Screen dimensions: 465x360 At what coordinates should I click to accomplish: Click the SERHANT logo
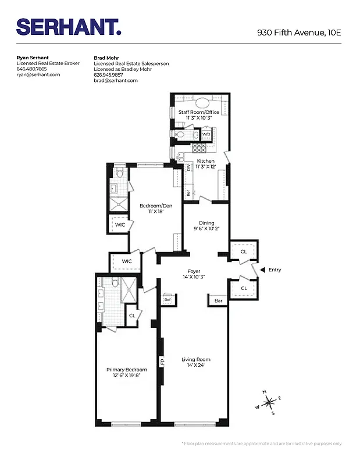69,27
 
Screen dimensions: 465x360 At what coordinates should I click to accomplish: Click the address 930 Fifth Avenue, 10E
299,33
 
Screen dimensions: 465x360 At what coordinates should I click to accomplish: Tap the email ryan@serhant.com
38,74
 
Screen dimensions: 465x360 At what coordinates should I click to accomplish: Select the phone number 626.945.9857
109,74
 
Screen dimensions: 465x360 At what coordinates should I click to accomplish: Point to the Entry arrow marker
262,270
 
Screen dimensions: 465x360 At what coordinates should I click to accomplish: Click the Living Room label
195,359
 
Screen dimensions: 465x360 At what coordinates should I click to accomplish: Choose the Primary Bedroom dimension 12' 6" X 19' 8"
126,375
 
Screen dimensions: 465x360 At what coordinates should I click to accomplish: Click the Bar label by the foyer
219,301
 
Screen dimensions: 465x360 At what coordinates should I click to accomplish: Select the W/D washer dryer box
206,135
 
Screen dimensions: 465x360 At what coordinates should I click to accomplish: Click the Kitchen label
205,161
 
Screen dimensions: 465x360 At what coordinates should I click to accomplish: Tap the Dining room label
206,223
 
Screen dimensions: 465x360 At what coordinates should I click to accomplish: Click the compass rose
268,403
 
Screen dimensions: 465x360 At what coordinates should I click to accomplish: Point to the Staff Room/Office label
198,112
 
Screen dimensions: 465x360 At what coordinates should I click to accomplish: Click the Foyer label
194,271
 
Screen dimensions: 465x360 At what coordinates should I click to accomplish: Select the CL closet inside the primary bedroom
132,316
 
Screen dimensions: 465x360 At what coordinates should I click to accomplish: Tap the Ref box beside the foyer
167,300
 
